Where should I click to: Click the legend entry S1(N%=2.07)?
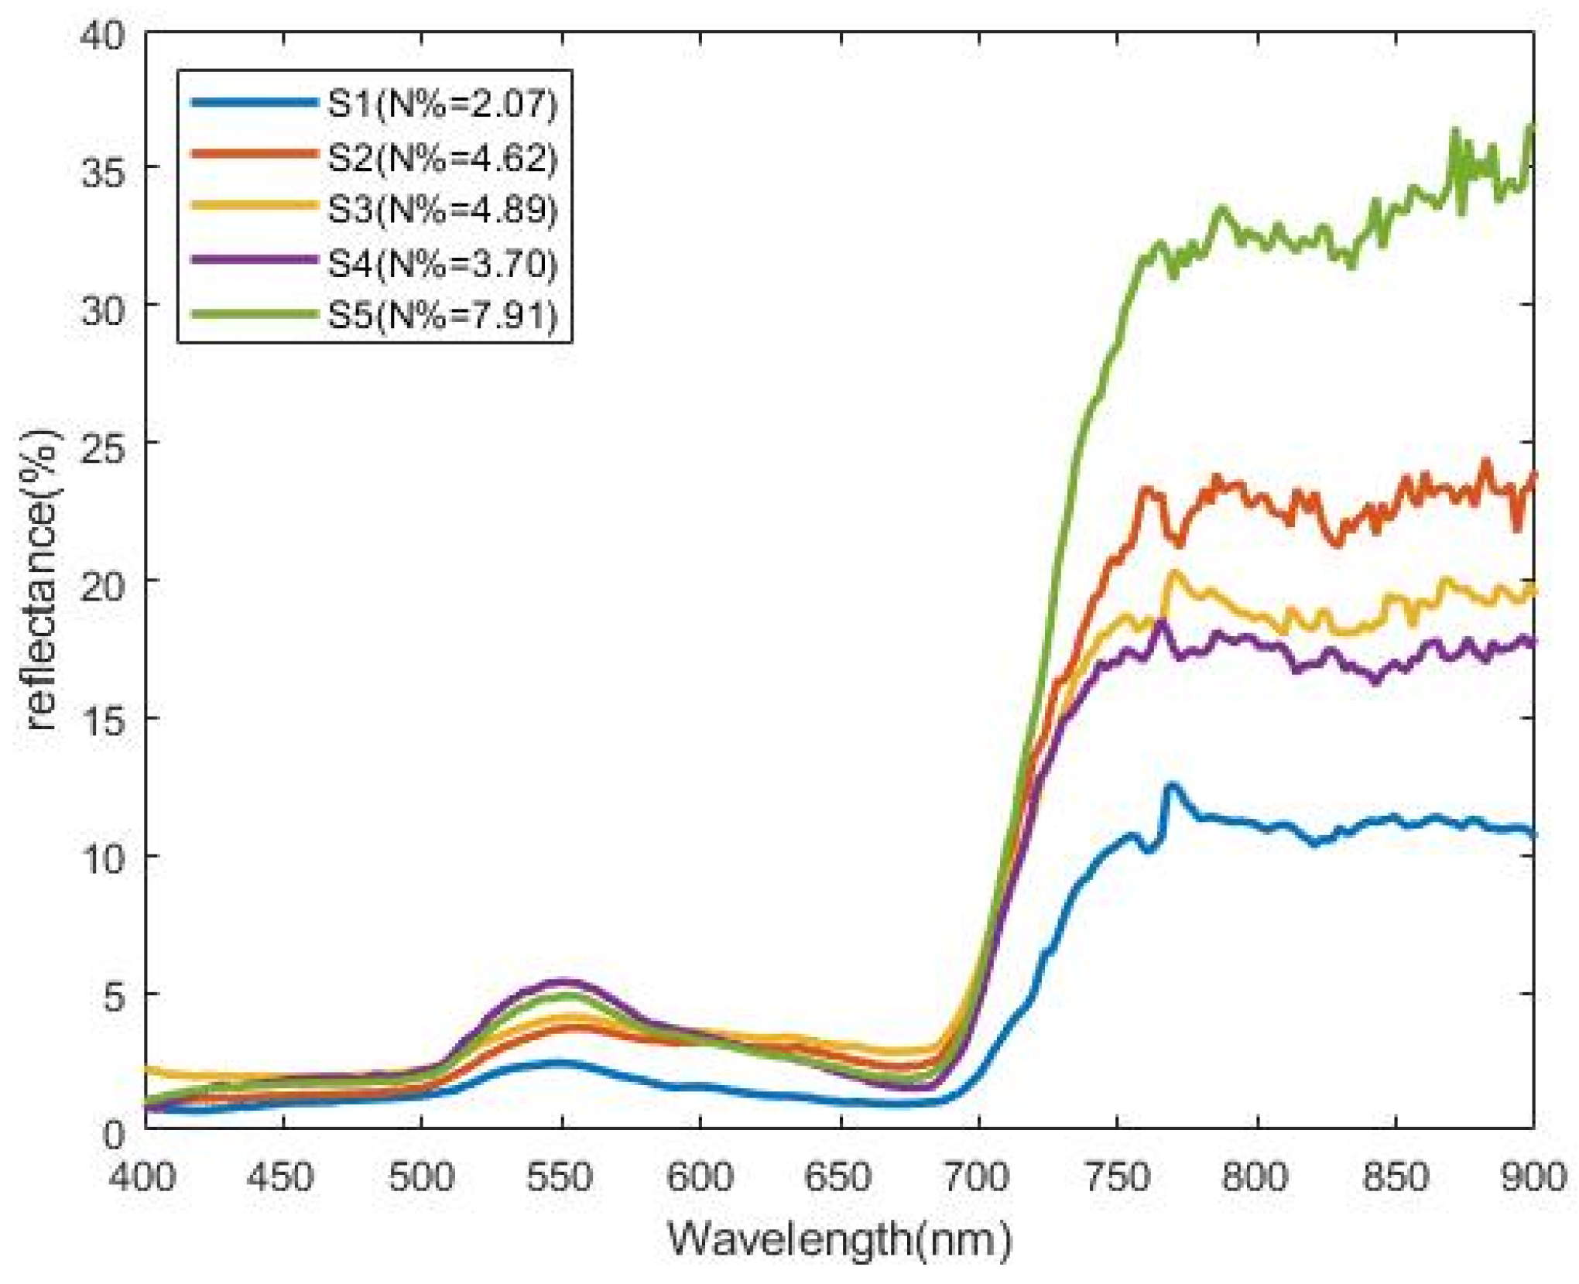tap(442, 104)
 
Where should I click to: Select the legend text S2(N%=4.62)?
tap(442, 157)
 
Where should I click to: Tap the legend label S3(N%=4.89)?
tap(442, 210)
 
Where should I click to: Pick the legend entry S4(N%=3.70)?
tap(442, 263)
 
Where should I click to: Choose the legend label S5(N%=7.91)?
tap(442, 316)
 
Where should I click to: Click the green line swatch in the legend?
tap(254, 314)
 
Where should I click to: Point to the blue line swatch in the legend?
tap(254, 102)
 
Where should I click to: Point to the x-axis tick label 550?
tap(560, 1178)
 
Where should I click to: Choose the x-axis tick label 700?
tap(978, 1178)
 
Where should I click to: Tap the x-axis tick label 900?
tap(1533, 1178)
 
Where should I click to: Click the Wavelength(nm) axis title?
tap(840, 1239)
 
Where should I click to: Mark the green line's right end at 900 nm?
tap(1532, 128)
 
